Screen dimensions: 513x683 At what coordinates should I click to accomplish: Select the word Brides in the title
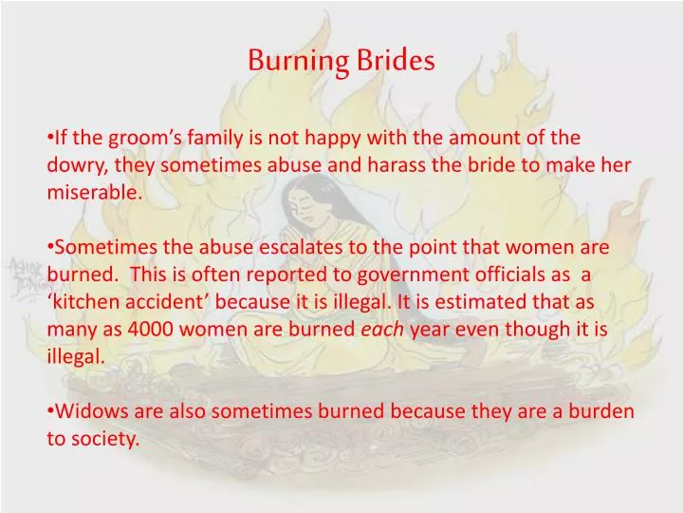pos(397,61)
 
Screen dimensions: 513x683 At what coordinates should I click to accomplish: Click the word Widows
pos(87,410)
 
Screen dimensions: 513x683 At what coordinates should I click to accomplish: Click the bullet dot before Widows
pos(50,411)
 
